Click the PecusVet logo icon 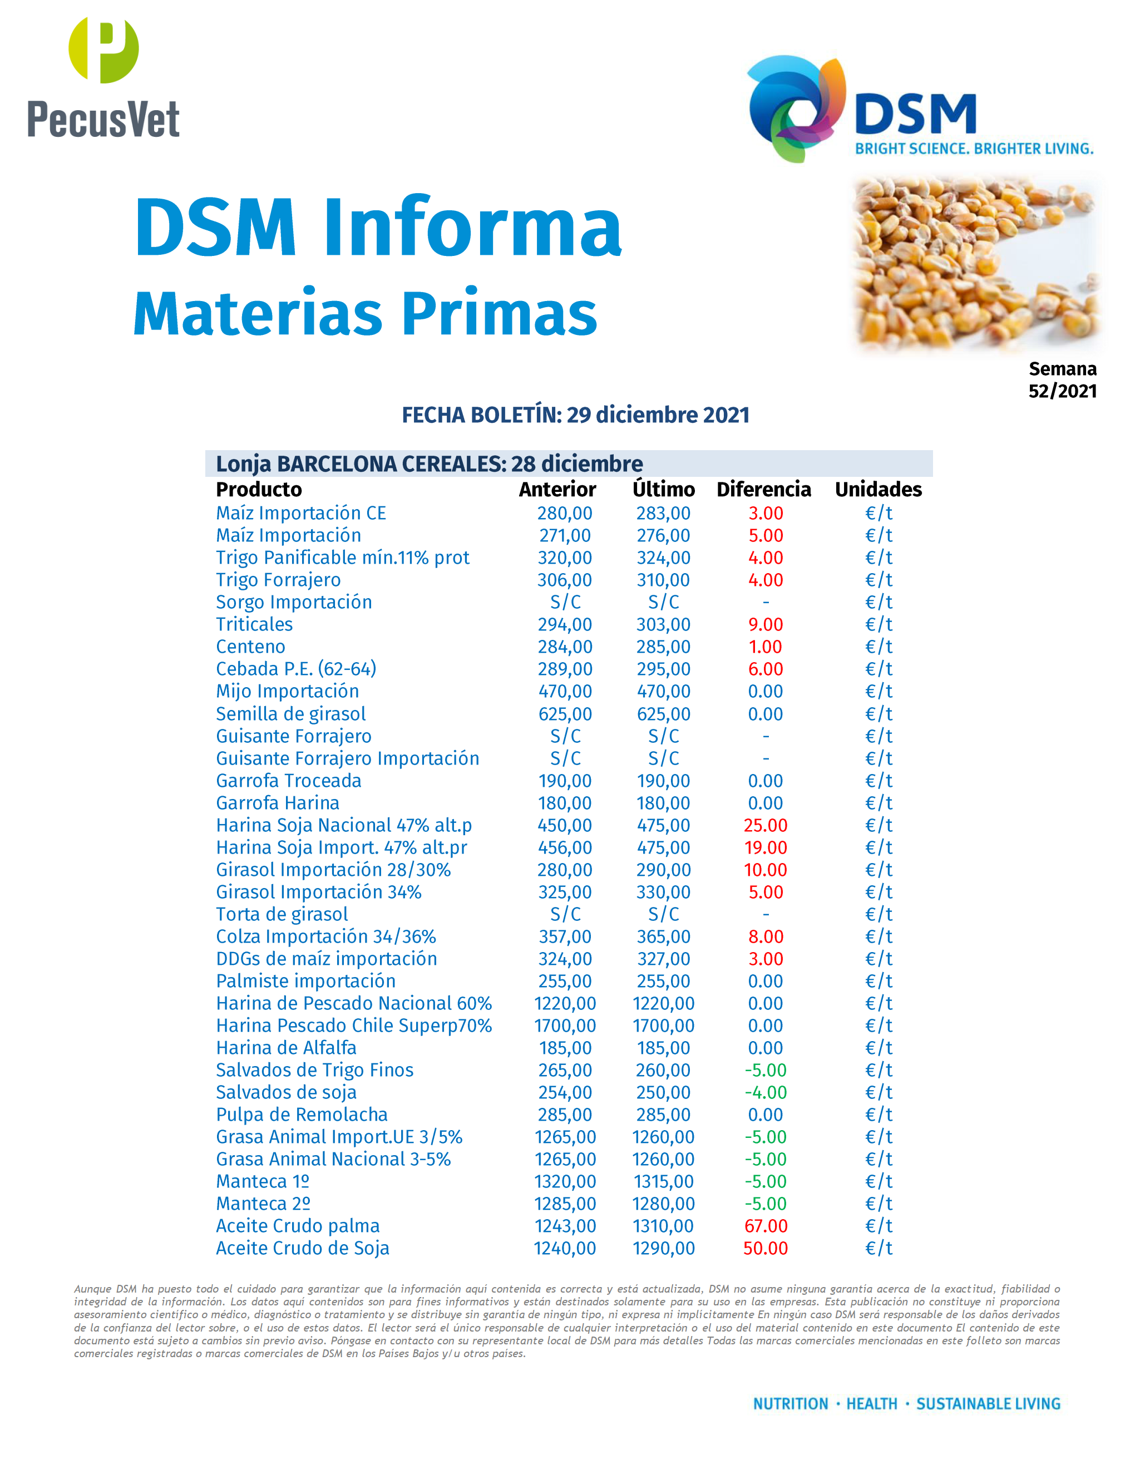click(103, 51)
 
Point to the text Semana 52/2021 click(1062, 379)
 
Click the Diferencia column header click(764, 489)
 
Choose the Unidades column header click(878, 489)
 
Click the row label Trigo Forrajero click(278, 580)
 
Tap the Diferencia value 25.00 click(765, 825)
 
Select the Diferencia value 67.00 click(765, 1226)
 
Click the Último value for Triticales click(663, 624)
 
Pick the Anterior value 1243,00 click(565, 1226)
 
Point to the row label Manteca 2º click(263, 1204)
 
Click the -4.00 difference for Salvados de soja click(765, 1092)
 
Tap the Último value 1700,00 click(663, 1026)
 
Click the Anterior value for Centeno click(565, 647)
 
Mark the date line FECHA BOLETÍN click(576, 415)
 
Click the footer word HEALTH click(871, 1404)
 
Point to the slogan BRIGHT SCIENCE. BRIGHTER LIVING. click(974, 149)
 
